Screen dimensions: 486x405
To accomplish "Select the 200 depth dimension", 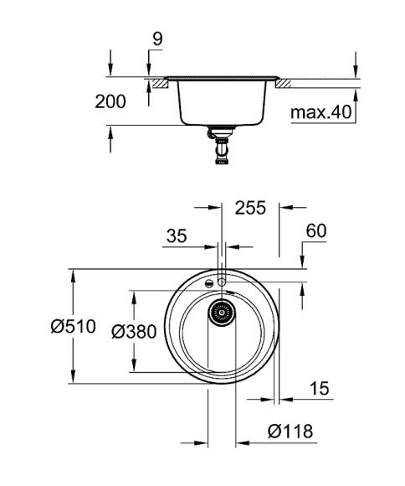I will pyautogui.click(x=110, y=102).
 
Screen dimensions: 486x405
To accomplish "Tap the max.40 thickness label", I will pyautogui.click(x=320, y=112).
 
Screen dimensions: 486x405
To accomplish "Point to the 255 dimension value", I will pyautogui.click(x=248, y=208).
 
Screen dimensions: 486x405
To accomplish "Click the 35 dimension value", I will pyautogui.click(x=176, y=236).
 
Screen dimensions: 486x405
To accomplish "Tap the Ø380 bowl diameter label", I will pyautogui.click(x=134, y=332).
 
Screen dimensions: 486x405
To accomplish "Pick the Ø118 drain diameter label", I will pyautogui.click(x=290, y=432).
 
